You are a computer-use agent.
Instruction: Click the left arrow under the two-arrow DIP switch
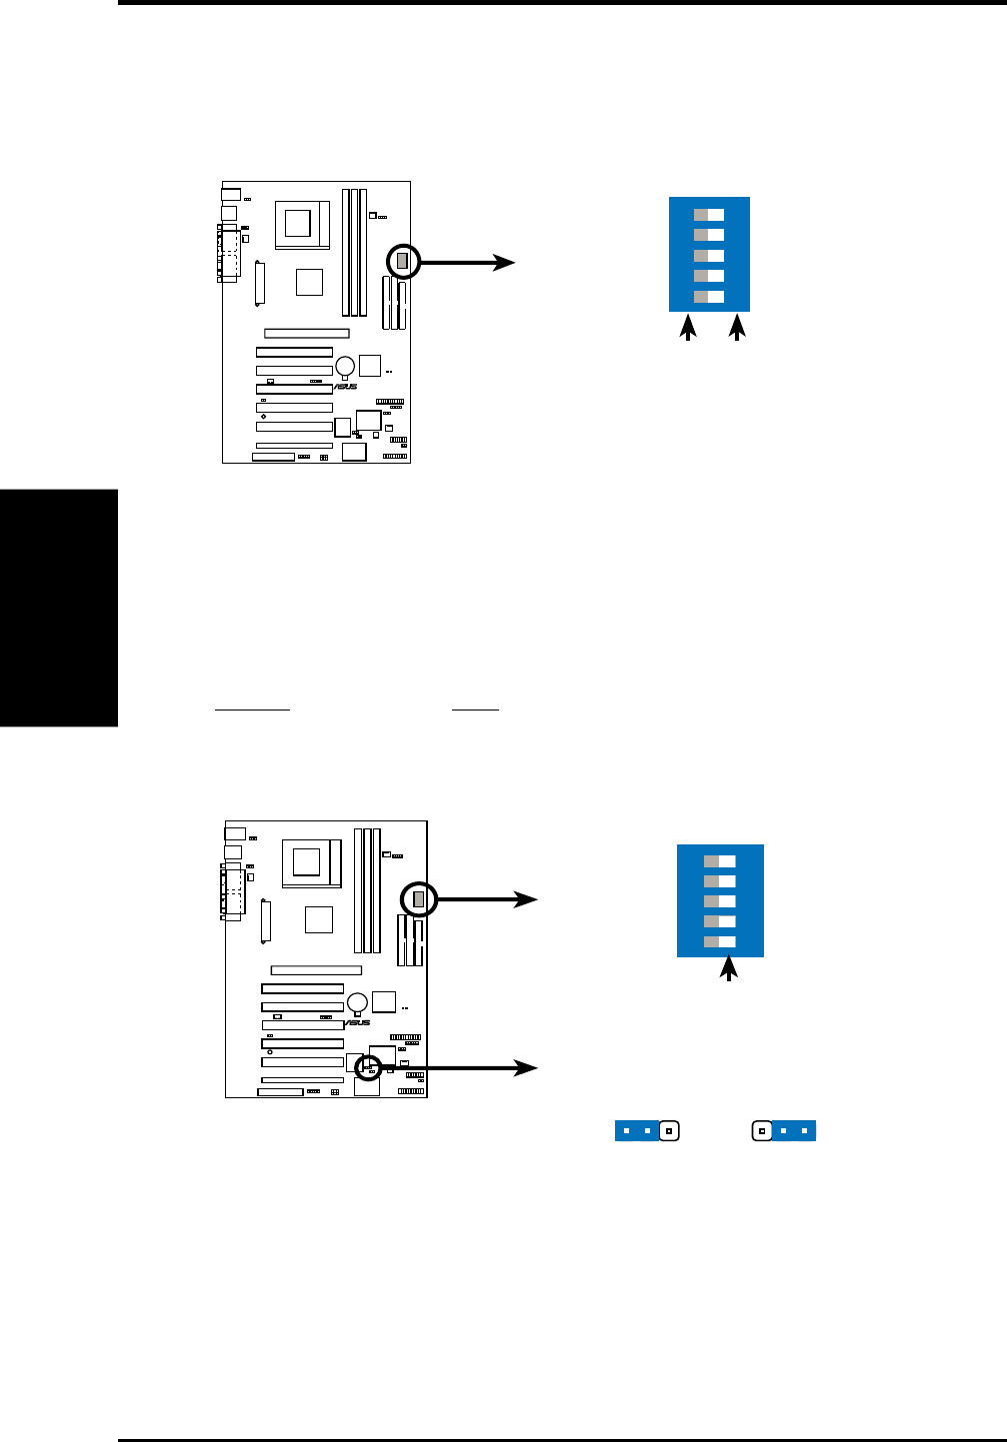687,329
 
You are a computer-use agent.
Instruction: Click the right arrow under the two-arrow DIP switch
738,329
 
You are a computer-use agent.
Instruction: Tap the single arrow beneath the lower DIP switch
730,968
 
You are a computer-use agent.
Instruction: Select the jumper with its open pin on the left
786,1131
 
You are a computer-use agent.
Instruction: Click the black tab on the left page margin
58,608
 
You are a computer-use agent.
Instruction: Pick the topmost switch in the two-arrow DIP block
709,215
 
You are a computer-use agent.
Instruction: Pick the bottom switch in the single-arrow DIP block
720,941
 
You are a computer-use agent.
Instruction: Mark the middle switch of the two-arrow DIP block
709,256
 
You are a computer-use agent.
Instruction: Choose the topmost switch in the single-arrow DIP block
720,860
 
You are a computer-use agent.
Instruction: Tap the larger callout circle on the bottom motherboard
419,899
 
